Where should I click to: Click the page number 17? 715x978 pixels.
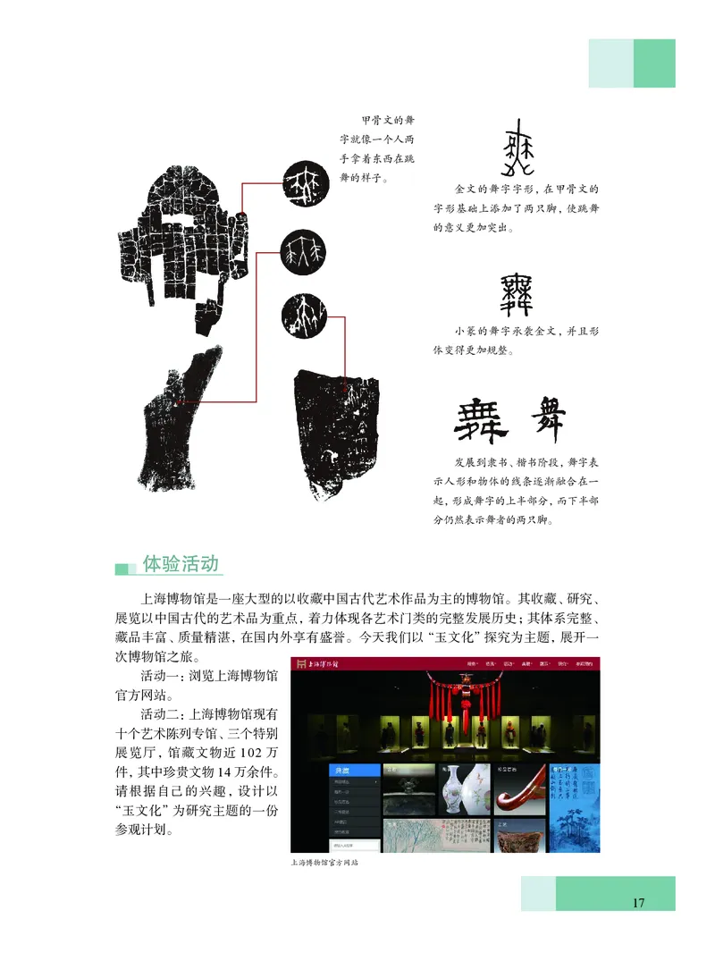tap(638, 902)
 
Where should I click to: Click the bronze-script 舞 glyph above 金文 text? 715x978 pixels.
tap(515, 151)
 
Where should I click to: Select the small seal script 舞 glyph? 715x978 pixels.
tap(517, 296)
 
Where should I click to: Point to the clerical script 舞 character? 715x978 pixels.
tap(483, 420)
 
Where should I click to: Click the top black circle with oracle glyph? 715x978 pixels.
tap(304, 182)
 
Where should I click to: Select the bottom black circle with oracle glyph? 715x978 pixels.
tap(303, 314)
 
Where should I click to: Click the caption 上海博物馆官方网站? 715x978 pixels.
tap(331, 864)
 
